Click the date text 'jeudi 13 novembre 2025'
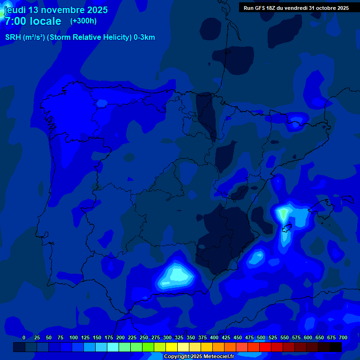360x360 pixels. pos(56,10)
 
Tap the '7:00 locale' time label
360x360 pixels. pos(33,21)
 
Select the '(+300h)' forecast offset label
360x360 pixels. pos(83,21)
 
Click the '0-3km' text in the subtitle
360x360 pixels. pos(144,37)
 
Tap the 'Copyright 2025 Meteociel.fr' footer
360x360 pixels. pos(199,357)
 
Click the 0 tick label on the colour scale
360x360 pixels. pos(24,337)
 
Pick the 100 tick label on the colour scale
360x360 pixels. pos(74,337)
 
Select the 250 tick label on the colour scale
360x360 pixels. pos(144,337)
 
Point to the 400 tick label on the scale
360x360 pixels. pos(214,337)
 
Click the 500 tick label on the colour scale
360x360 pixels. pos(261,337)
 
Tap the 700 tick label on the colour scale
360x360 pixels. pos(343,337)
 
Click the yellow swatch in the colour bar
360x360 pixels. pos(172,347)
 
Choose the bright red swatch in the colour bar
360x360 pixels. pos(265,347)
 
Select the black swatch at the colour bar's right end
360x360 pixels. pos(336,347)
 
